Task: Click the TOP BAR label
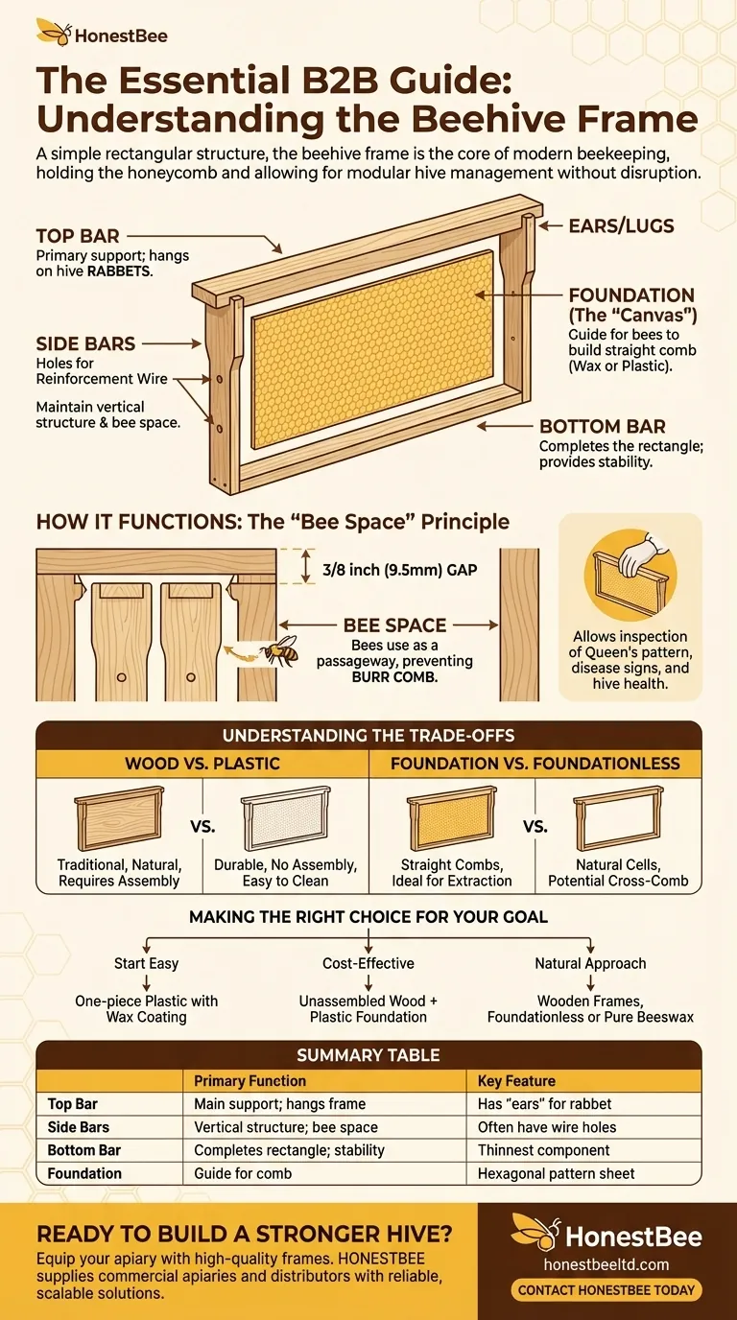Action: pyautogui.click(x=78, y=236)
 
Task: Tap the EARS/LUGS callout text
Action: pyautogui.click(x=622, y=225)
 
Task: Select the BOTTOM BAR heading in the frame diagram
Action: pyautogui.click(x=603, y=426)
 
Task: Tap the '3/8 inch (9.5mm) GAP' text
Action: pyautogui.click(x=400, y=570)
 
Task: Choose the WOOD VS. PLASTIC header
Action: pyautogui.click(x=202, y=764)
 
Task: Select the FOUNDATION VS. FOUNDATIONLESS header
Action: pyautogui.click(x=535, y=764)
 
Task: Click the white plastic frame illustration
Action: pyautogui.click(x=286, y=818)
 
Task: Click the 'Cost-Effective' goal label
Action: pyautogui.click(x=368, y=963)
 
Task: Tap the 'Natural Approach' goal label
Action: pyautogui.click(x=590, y=963)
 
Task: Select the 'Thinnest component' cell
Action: pyautogui.click(x=543, y=1150)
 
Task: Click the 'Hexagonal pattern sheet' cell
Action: pyautogui.click(x=556, y=1173)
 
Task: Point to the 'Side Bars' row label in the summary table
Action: pyautogui.click(x=79, y=1127)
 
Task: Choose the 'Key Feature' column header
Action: pyautogui.click(x=516, y=1081)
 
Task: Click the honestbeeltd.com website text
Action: pyautogui.click(x=606, y=1264)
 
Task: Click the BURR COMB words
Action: pyautogui.click(x=394, y=677)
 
